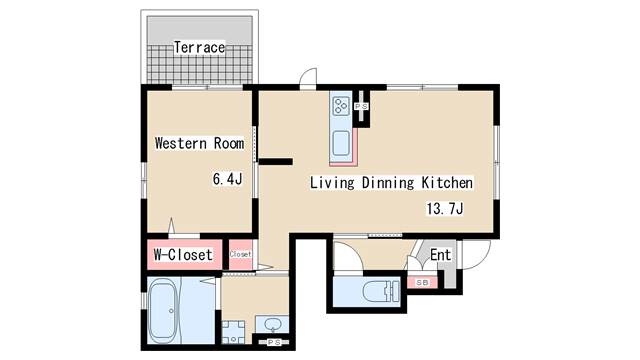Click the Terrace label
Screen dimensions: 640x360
click(199, 47)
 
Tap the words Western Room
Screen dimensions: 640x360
click(199, 143)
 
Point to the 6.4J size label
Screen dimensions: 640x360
click(227, 179)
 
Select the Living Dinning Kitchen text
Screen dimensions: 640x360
click(391, 182)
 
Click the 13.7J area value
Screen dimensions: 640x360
click(444, 209)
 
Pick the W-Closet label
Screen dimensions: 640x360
click(183, 255)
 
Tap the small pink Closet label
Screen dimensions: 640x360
click(240, 254)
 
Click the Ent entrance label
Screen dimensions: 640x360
click(440, 255)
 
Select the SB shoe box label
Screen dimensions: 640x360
click(422, 282)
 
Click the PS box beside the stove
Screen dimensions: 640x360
click(361, 107)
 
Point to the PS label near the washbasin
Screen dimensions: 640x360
click(274, 342)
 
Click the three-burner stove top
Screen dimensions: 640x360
click(341, 106)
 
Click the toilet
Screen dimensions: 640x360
click(380, 291)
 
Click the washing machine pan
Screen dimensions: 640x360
click(233, 332)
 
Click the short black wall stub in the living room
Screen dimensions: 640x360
click(276, 162)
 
